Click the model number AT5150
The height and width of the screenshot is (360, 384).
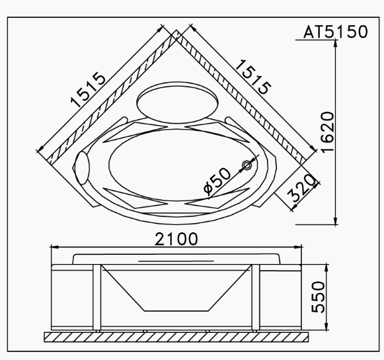coord(335,32)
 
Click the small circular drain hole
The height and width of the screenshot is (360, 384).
coord(247,164)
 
